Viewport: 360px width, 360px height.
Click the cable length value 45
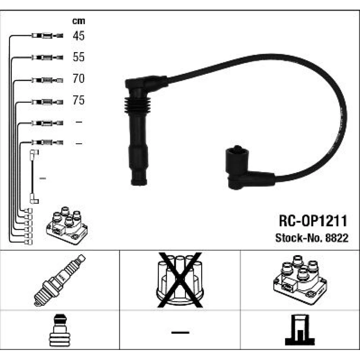tap(78, 36)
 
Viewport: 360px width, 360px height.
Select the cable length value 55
tap(78, 57)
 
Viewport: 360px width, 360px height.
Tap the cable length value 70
tap(78, 78)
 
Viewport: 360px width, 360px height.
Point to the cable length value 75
tap(78, 100)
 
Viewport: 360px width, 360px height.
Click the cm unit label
tap(78, 21)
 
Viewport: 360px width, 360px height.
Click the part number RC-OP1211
tap(313, 221)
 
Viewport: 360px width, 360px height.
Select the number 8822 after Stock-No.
tap(337, 238)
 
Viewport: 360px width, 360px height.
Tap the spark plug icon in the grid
tap(60, 280)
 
